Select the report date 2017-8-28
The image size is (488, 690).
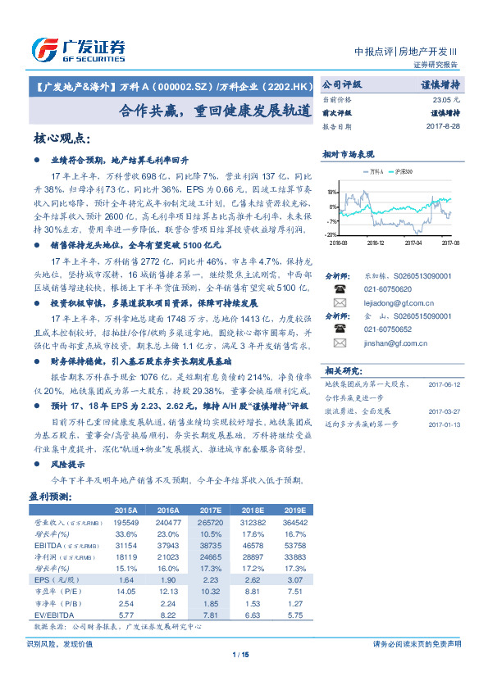click(442, 127)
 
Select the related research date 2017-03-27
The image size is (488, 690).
click(445, 411)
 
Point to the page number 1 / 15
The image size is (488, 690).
click(244, 654)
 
